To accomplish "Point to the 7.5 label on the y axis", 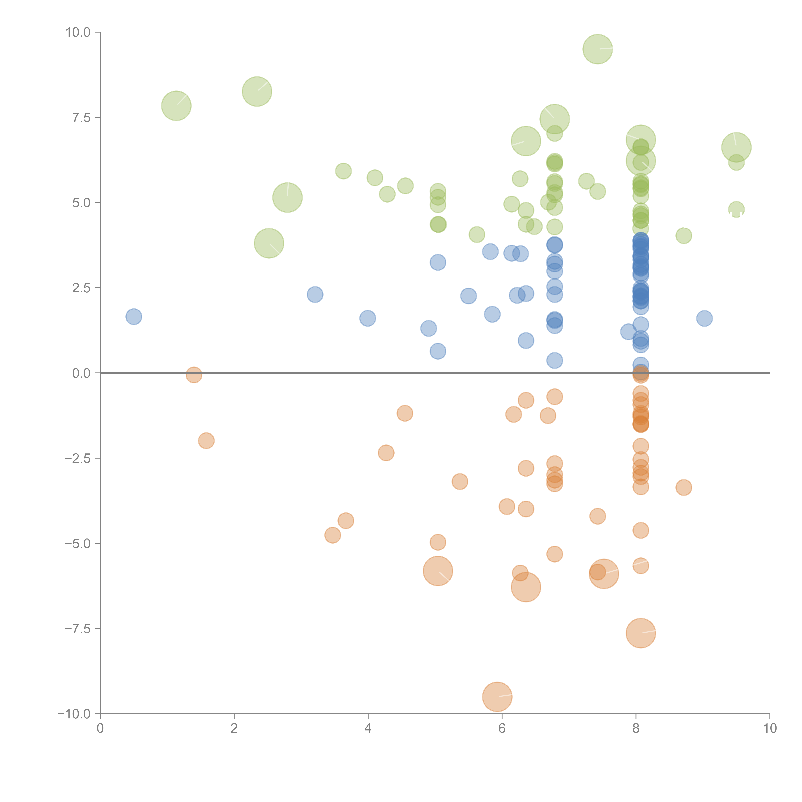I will coord(81,118).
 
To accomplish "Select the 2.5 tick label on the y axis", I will coord(81,288).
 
